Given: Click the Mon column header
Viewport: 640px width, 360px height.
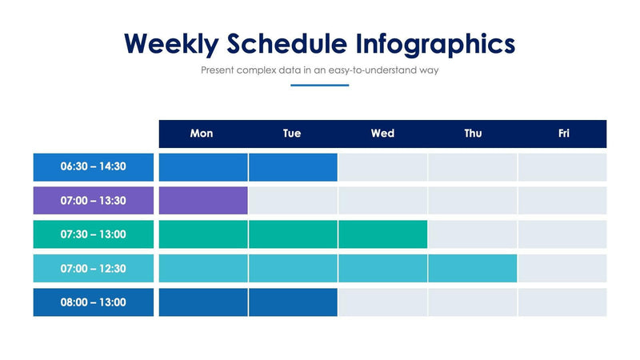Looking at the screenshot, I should pos(202,134).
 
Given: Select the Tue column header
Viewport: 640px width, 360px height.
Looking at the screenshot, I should pos(292,134).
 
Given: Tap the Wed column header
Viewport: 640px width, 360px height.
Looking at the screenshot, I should pos(382,134).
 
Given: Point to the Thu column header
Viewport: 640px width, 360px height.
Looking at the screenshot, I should pos(473,134).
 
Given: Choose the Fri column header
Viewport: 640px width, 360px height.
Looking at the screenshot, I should pos(563,134).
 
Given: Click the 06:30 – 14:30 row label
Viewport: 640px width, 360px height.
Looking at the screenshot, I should pos(94,167).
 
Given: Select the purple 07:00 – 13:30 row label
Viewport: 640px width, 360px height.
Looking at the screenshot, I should pos(94,201).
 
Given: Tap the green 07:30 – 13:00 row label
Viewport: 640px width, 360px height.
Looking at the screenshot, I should pos(94,234).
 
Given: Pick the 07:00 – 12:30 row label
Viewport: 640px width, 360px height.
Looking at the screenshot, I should pos(94,268).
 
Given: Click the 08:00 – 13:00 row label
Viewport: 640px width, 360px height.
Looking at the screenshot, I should pos(94,302).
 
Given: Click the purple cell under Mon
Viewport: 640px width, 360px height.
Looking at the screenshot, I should pos(203,201).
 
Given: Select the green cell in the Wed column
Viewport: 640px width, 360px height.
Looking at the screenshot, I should pos(382,234).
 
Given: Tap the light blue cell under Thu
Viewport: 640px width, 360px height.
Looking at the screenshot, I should pos(472,268).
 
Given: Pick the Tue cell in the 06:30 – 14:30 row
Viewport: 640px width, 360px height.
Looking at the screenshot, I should pos(293,167).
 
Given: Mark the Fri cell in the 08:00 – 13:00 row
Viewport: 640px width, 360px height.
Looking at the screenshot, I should pos(562,302).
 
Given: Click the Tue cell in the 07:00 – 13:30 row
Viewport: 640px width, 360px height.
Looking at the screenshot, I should pos(293,201).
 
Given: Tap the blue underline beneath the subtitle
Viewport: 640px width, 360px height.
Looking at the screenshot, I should pos(320,85).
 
